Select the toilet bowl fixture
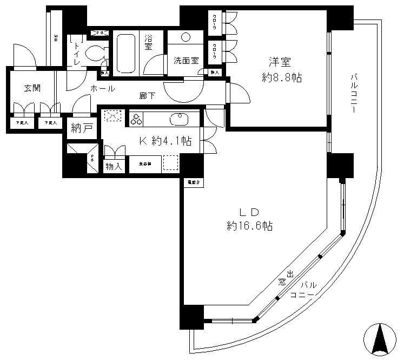(x=96, y=53)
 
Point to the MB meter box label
(x=55, y=38)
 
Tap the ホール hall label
(x=102, y=88)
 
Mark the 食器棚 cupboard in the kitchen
(x=144, y=163)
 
